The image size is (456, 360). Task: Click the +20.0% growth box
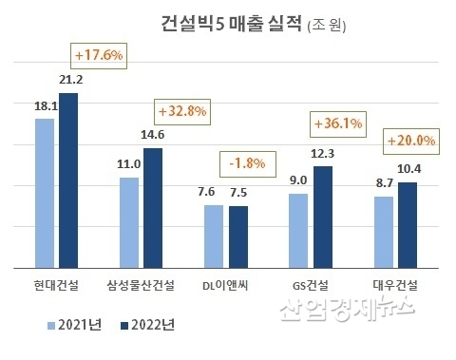point(411,142)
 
